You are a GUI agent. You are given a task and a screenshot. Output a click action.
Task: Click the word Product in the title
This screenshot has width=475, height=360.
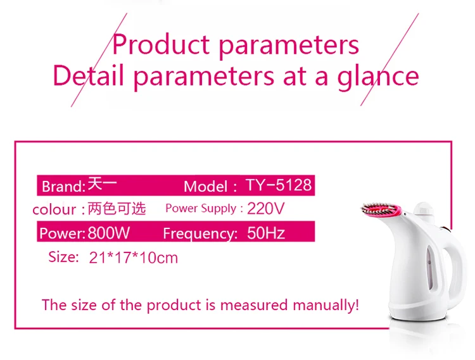pos(161,45)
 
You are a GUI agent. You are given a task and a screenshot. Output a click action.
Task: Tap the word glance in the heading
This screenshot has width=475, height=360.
pos(377,77)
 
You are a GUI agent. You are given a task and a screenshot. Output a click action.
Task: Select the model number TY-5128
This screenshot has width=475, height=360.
pos(279,185)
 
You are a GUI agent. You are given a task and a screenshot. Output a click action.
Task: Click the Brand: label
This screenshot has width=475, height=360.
pos(63,187)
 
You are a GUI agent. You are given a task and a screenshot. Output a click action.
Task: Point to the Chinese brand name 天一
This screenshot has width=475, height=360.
pos(102,184)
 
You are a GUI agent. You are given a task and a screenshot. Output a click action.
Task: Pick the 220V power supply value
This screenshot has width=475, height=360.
pos(265,208)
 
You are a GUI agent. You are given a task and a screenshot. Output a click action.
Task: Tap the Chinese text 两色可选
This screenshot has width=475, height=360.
pos(117,208)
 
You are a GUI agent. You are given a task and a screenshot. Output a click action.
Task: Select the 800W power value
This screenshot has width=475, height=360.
pos(109,233)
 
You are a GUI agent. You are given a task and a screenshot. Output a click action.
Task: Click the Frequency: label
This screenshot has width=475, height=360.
pos(200,233)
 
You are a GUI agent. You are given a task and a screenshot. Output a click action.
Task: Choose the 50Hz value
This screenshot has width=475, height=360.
pos(266,233)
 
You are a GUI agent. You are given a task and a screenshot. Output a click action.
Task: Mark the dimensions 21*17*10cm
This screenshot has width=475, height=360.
pos(133,258)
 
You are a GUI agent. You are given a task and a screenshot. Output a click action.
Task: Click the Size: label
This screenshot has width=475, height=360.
pos(63,257)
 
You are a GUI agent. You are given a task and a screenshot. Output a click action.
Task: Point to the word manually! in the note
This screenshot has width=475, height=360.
pos(326,305)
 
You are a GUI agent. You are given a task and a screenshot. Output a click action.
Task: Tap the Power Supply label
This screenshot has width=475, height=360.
pos(201,208)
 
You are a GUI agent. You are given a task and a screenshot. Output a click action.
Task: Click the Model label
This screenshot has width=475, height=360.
pos(206,187)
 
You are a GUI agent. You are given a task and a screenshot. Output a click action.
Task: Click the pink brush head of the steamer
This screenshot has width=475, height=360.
pos(381,209)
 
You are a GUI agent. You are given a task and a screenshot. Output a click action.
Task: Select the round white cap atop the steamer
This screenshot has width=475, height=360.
pos(424,209)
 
